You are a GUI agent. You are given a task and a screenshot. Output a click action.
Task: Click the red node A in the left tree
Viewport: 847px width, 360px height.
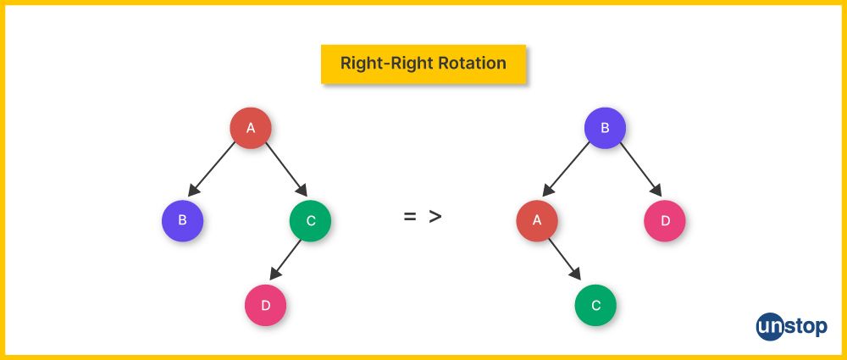tap(251, 129)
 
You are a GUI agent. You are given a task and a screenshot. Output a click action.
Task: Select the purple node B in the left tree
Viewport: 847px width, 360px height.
tap(182, 221)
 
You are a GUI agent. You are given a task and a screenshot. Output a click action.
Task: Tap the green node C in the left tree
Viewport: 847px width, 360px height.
tap(310, 221)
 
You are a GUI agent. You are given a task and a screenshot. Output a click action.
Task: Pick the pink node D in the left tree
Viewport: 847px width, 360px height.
tap(266, 306)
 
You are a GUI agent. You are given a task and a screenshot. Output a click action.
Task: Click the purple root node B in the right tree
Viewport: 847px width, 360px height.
tap(605, 129)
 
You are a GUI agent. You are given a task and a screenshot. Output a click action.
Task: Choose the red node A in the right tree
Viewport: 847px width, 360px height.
tap(536, 221)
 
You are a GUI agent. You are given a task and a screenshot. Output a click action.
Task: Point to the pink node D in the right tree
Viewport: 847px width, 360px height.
tap(665, 221)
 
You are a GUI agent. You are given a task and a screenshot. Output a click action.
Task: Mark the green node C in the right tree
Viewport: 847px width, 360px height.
tap(595, 306)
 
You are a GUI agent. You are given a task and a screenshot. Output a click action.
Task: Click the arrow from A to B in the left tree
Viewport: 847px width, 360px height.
tap(212, 169)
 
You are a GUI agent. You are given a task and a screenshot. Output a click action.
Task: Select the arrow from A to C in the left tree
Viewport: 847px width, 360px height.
tap(285, 169)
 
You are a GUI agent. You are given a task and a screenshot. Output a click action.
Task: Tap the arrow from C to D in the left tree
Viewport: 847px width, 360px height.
tap(286, 259)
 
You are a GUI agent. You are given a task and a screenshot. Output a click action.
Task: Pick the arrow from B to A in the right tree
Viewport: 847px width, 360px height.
tap(567, 169)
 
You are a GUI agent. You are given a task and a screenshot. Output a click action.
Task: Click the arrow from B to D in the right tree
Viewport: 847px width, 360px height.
tap(639, 169)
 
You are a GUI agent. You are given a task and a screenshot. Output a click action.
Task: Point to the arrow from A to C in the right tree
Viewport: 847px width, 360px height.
tap(564, 259)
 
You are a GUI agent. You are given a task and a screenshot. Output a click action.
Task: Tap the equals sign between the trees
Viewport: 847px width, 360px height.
tap(410, 217)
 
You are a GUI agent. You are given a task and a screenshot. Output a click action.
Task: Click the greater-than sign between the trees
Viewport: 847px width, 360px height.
tap(435, 217)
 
